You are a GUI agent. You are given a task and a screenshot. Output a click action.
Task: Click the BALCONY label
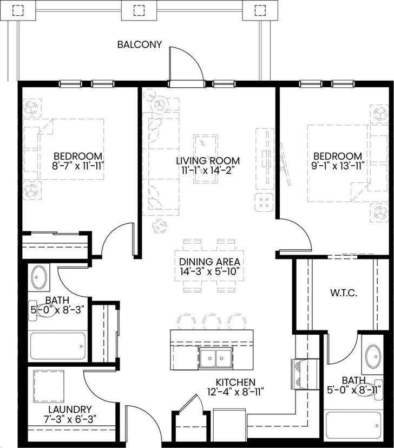click(x=140, y=44)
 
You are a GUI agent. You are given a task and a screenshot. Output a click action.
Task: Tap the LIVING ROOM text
click(x=207, y=161)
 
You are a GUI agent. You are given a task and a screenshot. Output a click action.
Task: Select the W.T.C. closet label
click(x=344, y=293)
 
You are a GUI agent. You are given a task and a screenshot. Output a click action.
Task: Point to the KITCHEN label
click(x=236, y=382)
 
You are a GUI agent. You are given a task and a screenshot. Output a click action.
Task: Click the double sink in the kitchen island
click(x=214, y=358)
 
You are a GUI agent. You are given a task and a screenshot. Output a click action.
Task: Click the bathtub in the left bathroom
click(x=57, y=346)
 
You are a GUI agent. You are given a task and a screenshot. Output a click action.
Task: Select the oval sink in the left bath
click(x=38, y=277)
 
